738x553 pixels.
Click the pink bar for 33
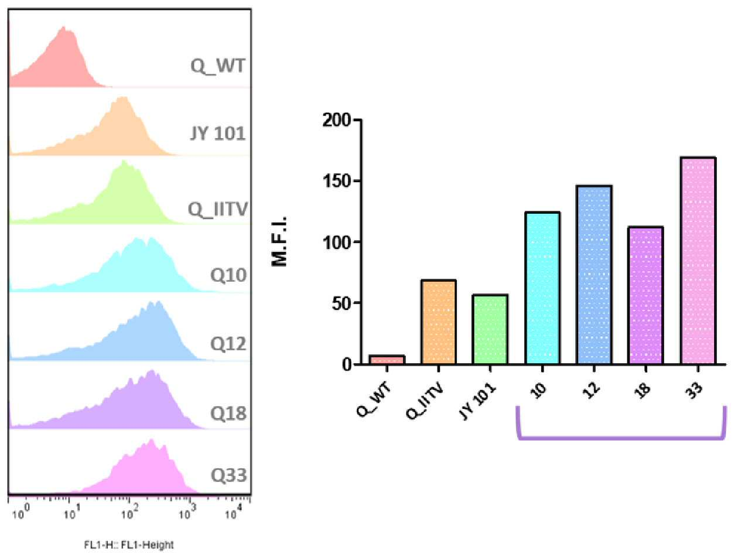coord(698,261)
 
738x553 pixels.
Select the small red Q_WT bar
coord(387,360)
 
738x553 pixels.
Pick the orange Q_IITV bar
coord(438,322)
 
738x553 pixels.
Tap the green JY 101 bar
coord(490,329)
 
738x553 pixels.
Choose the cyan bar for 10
coord(542,288)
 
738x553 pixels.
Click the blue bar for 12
coord(594,275)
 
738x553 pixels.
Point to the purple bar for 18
coord(645,295)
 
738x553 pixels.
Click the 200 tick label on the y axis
coord(336,120)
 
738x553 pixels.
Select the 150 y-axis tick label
coord(336,181)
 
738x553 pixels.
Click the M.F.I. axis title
coord(279,241)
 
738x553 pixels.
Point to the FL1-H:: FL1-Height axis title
coord(129,545)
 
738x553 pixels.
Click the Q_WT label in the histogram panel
coord(218,66)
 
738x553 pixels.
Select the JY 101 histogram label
coord(217,134)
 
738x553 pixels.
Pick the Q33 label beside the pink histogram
coord(228,476)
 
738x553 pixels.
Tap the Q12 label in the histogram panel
coord(228,343)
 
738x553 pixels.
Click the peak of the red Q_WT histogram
coord(63,27)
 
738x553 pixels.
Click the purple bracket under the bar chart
coord(621,438)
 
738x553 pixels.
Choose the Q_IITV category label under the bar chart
coord(425,401)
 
